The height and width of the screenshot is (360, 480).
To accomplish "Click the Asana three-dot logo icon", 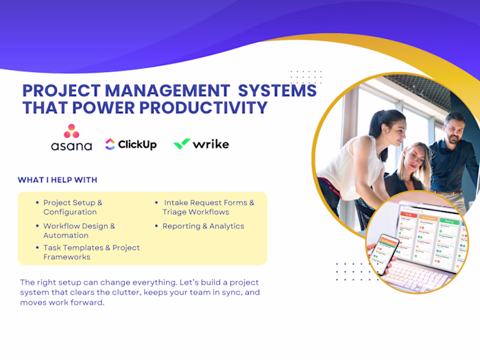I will pos(71,131).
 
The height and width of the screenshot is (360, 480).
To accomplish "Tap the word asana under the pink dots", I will pos(71,146).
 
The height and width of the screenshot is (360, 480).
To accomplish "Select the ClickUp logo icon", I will pos(110,144).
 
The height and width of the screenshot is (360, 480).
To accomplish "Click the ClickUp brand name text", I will pos(137,144).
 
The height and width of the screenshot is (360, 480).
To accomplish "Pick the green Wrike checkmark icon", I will pos(181,144).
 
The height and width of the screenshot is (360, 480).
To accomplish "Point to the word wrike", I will pos(211,144).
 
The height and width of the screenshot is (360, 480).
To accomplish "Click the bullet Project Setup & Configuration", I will pos(73,207).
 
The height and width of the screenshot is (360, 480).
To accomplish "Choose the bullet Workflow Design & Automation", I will pos(79,230).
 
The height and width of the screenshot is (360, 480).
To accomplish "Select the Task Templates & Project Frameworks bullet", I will pos(91,252).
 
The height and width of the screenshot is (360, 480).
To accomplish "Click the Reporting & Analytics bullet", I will pos(203,226).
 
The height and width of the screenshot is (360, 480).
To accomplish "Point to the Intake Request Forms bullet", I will pos(208,207).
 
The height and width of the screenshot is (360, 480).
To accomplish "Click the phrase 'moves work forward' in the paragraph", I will pos(62,302).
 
